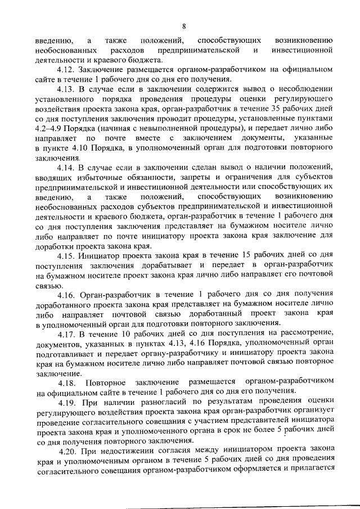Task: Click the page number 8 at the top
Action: (x=183, y=26)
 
